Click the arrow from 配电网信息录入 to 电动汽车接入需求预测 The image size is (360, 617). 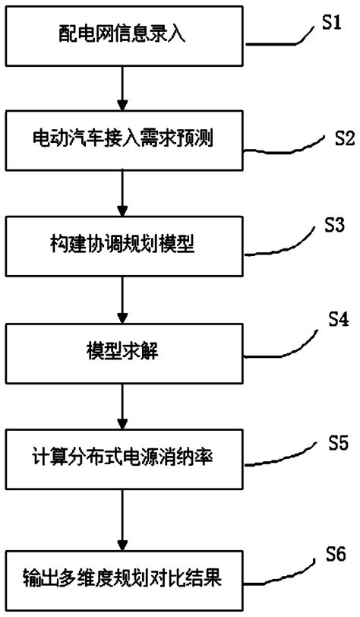[122, 88]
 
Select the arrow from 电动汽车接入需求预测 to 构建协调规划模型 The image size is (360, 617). [122, 194]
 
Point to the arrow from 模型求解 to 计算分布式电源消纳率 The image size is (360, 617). [122, 405]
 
